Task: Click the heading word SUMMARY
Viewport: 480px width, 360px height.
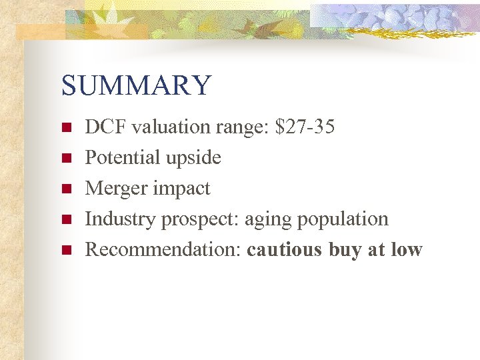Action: click(x=136, y=86)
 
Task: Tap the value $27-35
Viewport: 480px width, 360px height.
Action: click(x=305, y=127)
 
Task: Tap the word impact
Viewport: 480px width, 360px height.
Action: click(x=182, y=189)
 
